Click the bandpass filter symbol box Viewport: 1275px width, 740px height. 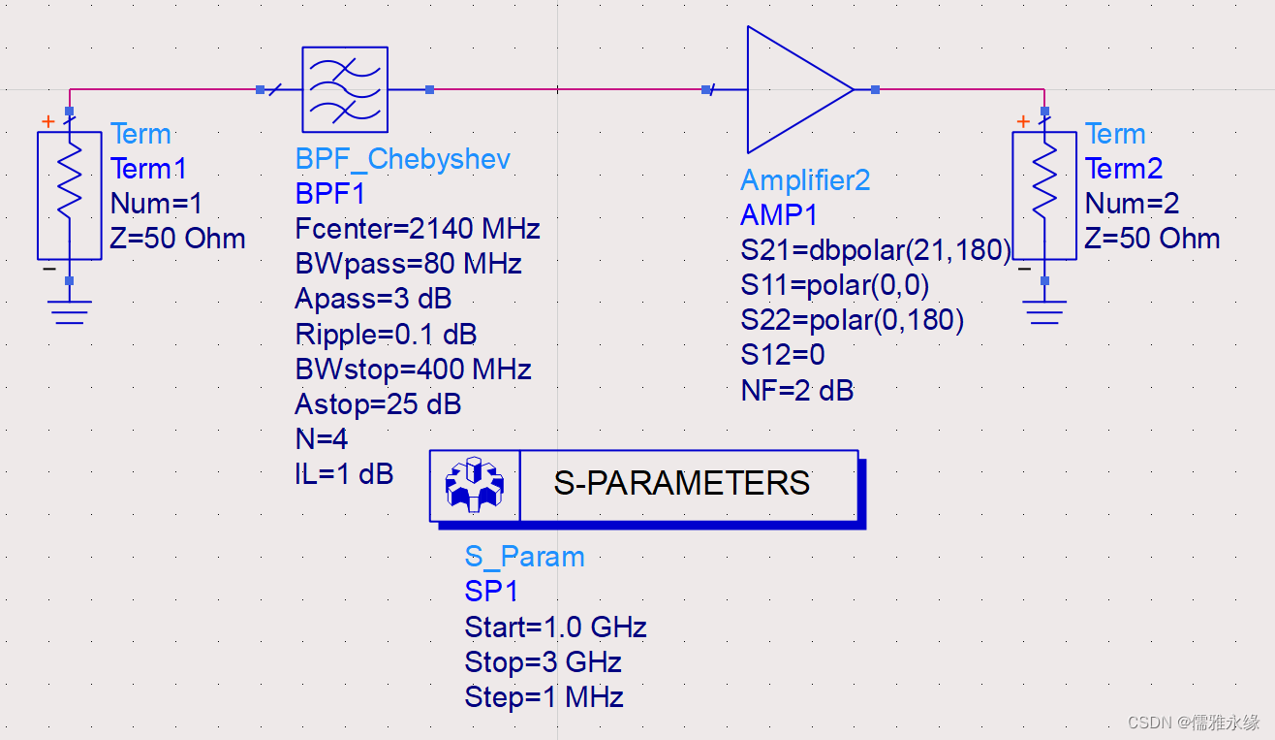[344, 89]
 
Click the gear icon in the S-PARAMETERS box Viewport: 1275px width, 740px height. [474, 484]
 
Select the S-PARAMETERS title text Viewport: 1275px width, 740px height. [681, 483]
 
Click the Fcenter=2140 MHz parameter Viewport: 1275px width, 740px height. [417, 229]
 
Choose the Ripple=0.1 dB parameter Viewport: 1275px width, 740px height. [386, 335]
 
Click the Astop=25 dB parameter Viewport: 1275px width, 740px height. [377, 404]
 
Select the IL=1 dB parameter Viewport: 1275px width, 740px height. [344, 475]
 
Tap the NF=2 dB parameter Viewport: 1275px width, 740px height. [796, 391]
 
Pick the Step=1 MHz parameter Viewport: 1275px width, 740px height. [544, 697]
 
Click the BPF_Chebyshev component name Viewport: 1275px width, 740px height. [402, 159]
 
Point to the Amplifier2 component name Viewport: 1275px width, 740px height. [805, 179]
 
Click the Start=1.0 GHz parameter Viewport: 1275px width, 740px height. [555, 627]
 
